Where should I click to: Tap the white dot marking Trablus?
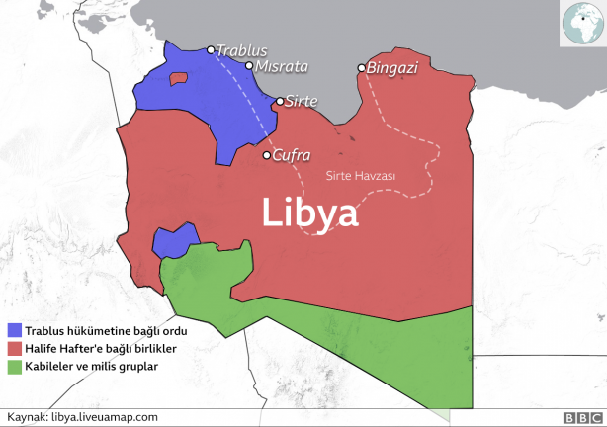[x=211, y=49]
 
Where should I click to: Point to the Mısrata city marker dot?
[x=249, y=66]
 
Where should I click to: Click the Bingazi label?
[x=392, y=68]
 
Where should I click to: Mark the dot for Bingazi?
[x=362, y=68]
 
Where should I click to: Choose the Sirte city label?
[x=302, y=101]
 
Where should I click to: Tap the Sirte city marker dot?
[x=280, y=101]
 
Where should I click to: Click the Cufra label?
[x=292, y=155]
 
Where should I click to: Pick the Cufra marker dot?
[x=266, y=155]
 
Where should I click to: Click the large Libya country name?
[x=309, y=213]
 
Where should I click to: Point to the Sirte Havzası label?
[x=361, y=176]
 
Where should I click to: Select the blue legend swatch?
[x=14, y=330]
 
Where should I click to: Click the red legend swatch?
[x=14, y=348]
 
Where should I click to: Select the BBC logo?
[x=577, y=417]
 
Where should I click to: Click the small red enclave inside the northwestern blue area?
[x=179, y=77]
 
